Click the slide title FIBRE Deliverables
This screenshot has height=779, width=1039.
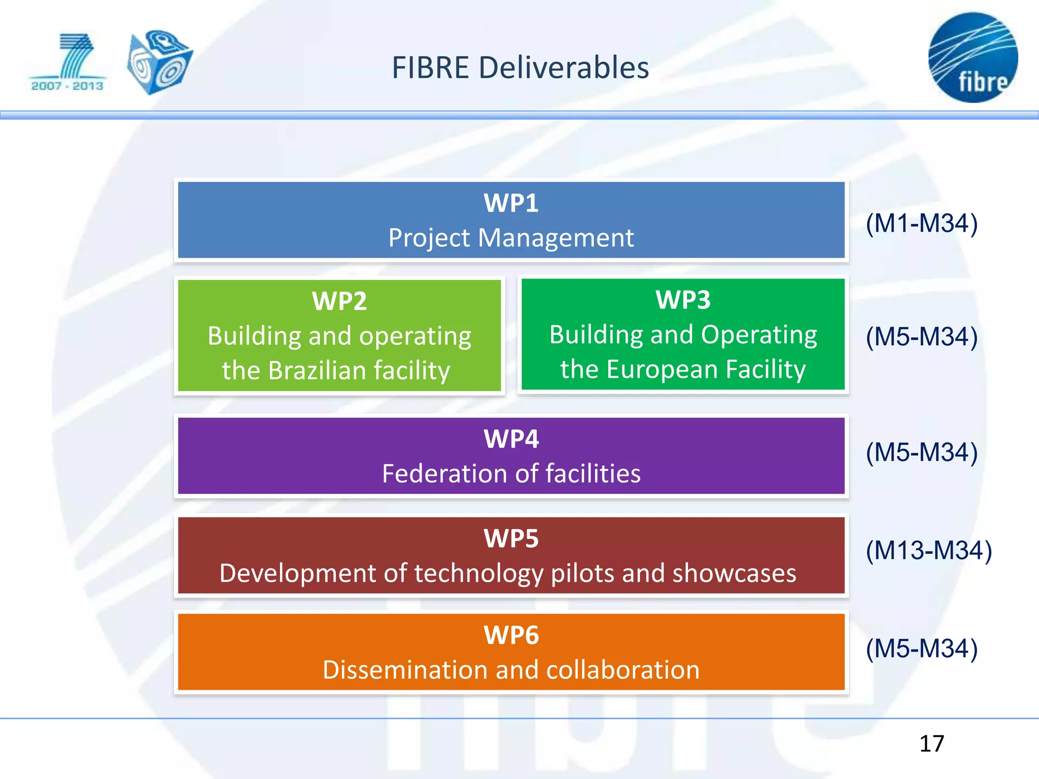click(x=520, y=68)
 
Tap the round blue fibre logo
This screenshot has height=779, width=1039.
click(x=973, y=58)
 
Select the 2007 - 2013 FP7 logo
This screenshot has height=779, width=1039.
click(x=67, y=63)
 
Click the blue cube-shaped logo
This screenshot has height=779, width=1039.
click(x=159, y=62)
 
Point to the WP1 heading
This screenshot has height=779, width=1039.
click(x=511, y=203)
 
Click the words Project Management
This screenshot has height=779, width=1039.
click(x=511, y=238)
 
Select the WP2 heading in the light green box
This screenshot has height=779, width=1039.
click(x=339, y=301)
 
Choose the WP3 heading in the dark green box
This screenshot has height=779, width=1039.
click(x=683, y=300)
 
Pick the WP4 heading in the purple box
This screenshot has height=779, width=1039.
click(x=511, y=439)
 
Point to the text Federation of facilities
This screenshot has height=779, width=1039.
click(x=511, y=474)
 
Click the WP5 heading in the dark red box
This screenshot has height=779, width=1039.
click(x=511, y=539)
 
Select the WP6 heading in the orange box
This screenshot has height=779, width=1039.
click(x=511, y=635)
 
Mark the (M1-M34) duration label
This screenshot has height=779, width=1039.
click(x=921, y=223)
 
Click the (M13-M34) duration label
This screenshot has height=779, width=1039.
click(x=928, y=550)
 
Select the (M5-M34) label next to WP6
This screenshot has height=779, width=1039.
click(x=921, y=648)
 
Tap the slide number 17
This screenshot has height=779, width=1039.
click(x=931, y=744)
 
